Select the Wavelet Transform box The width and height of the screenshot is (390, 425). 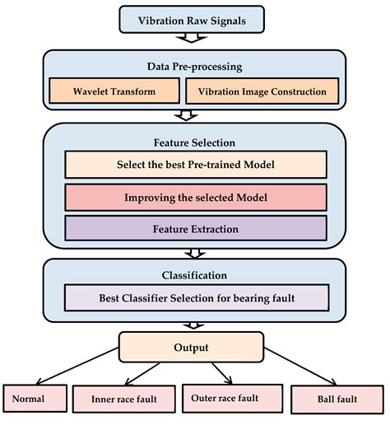pos(114,92)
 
